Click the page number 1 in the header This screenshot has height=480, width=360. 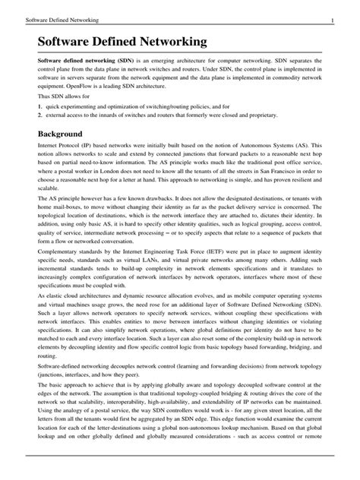click(344, 18)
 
